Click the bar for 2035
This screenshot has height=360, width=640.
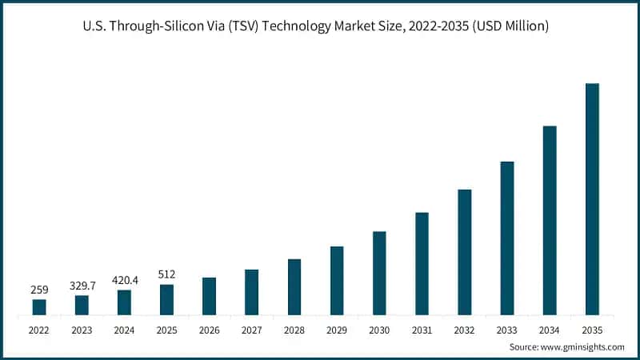click(x=592, y=199)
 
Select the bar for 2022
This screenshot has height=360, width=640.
click(x=39, y=307)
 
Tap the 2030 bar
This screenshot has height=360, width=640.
click(x=379, y=273)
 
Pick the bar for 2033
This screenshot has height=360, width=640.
click(x=507, y=238)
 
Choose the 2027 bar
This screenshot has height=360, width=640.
click(x=251, y=292)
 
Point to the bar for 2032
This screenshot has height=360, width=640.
click(x=465, y=252)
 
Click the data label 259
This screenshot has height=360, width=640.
click(x=39, y=289)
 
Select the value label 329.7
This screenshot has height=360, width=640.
click(x=82, y=285)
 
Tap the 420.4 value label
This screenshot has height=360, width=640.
click(x=124, y=280)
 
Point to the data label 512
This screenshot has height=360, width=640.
click(x=166, y=274)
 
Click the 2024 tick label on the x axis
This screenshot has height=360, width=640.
click(x=124, y=329)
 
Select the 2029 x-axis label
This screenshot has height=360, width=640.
click(x=337, y=329)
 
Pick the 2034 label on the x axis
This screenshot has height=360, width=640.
click(x=550, y=329)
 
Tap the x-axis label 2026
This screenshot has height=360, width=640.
click(x=209, y=329)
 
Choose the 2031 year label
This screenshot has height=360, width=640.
click(x=422, y=329)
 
